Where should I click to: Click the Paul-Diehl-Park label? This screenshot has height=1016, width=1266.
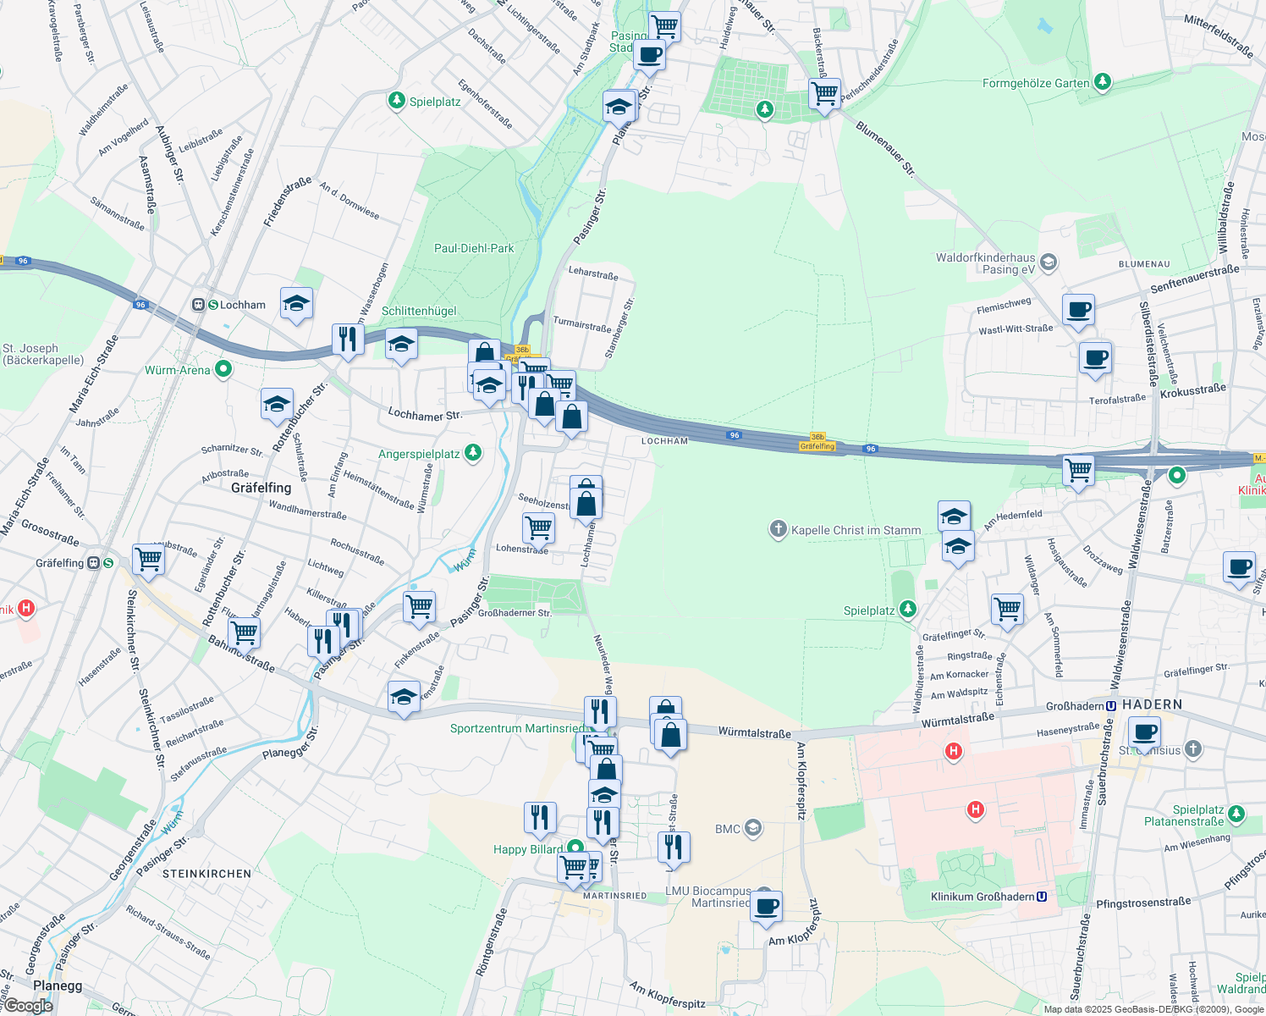point(474,248)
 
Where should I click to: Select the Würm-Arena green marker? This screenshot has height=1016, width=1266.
point(223,369)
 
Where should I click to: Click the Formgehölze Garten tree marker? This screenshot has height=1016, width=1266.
point(1102,82)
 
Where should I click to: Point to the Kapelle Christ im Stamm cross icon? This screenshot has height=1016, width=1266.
point(778,530)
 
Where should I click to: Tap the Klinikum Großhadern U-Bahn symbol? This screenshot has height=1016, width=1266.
point(1042,897)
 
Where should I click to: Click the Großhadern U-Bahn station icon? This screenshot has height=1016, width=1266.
point(1111,705)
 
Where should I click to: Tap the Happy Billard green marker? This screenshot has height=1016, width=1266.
point(575,848)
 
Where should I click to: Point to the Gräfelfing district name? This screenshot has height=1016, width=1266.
point(261,488)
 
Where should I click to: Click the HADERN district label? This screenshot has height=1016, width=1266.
point(1152,704)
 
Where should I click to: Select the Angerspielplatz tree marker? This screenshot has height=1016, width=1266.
point(473,453)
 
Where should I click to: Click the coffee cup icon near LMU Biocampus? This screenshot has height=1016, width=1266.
point(766,906)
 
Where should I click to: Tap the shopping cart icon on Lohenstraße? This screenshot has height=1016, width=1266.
point(539,527)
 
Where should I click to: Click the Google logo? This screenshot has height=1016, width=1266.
point(28,1006)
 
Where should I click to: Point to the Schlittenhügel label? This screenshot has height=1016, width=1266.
point(419,311)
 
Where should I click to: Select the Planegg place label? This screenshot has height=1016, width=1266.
point(58,986)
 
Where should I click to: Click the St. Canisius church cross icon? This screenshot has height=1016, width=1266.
point(1192,748)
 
